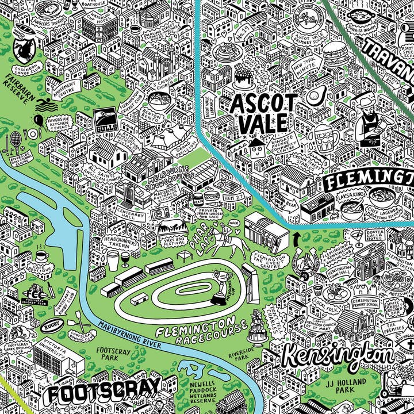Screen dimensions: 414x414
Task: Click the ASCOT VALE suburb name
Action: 258,113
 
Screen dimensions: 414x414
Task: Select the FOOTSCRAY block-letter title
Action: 103,394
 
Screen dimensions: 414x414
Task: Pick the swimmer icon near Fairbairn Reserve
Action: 43,106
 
